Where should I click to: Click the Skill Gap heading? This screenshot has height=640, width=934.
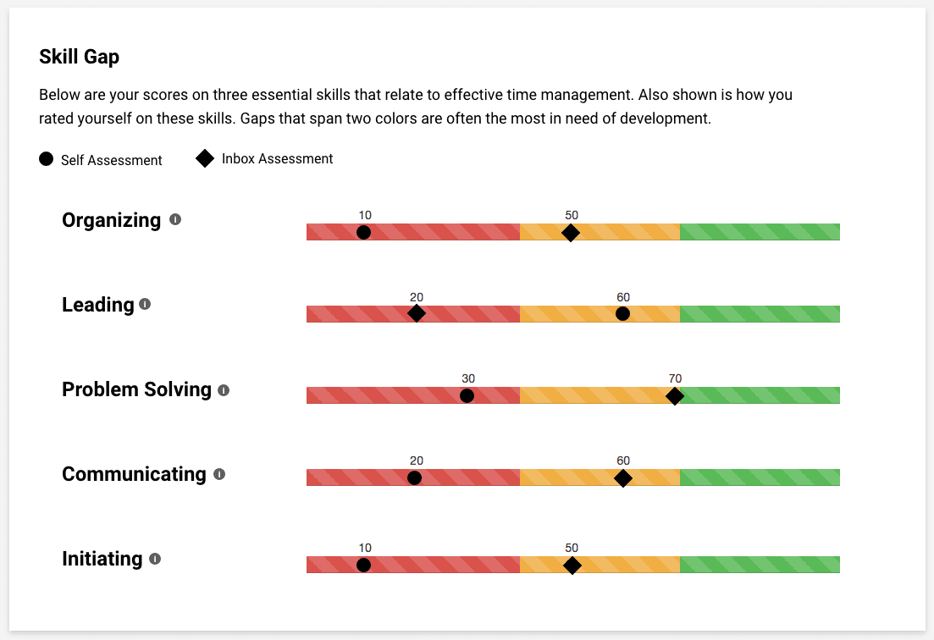[x=79, y=57]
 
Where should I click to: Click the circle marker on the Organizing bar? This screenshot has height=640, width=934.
[x=363, y=232]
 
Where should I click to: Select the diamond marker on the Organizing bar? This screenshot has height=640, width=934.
[x=571, y=233]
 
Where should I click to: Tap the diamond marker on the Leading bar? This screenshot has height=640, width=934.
[x=416, y=313]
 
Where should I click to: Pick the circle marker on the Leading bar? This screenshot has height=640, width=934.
[x=622, y=314]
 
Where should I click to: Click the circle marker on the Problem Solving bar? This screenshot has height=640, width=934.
[x=467, y=396]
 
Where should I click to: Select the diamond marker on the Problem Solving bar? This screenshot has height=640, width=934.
[x=674, y=396]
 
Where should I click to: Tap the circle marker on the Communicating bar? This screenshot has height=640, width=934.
[x=414, y=477]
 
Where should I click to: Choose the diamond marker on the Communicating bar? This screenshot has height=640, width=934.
[x=623, y=478]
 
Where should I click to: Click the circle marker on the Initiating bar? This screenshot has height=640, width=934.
[x=363, y=565]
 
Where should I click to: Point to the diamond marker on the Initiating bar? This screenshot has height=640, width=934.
[x=572, y=565]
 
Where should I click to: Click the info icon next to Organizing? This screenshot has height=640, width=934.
[x=175, y=219]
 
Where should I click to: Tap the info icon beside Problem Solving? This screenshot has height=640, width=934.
[x=224, y=390]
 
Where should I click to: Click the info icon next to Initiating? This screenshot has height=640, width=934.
[x=155, y=559]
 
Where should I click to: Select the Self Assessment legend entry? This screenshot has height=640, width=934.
[x=101, y=159]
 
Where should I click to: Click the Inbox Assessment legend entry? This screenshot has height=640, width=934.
[x=264, y=158]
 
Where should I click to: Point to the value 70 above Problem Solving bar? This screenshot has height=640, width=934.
[x=674, y=378]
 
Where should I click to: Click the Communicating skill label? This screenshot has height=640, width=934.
[x=134, y=474]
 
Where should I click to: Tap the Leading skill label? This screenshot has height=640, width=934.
[x=97, y=305]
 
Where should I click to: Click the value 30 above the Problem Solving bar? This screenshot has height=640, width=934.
[x=468, y=378]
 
